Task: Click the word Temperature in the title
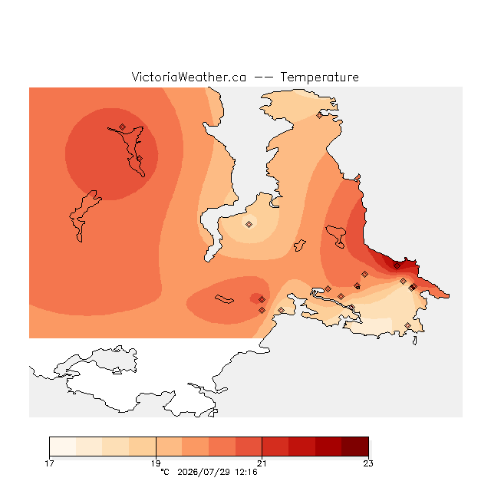click(x=319, y=77)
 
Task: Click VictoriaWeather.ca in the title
click(x=189, y=77)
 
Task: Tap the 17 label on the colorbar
click(x=49, y=463)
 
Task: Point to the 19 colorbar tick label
click(x=156, y=463)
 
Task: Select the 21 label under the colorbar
click(x=262, y=463)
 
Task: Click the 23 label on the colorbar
click(x=368, y=463)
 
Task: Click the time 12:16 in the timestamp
click(x=246, y=472)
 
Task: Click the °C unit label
click(x=165, y=472)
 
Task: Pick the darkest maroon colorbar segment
click(x=355, y=447)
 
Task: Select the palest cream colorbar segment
click(x=63, y=447)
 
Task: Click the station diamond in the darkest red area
click(x=397, y=266)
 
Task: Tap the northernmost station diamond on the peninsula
click(x=319, y=116)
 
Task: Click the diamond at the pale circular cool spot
click(x=249, y=224)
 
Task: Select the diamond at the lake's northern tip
click(x=123, y=127)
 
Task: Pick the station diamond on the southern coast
click(x=407, y=325)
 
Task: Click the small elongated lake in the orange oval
click(x=224, y=299)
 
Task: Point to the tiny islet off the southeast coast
click(x=414, y=341)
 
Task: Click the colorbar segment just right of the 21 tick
click(x=275, y=447)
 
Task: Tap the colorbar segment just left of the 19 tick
click(x=143, y=447)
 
